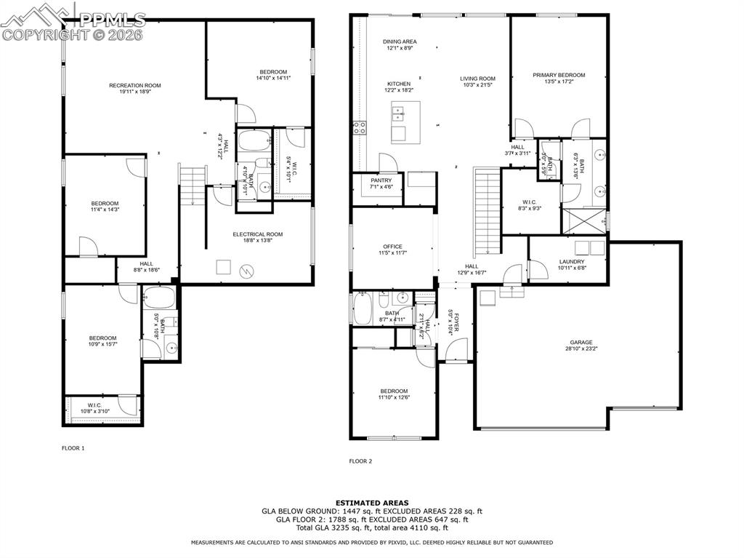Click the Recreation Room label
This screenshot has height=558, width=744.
pos(134,86)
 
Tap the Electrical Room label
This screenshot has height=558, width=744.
pos(257,234)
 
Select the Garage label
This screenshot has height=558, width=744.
pos(581,342)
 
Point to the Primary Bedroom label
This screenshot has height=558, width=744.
pos(558,75)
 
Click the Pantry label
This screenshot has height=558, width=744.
pos(381,180)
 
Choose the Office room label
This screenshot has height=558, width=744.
pos(392,247)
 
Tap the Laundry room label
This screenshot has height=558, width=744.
pos(572,262)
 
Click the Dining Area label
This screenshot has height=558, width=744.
pos(400,42)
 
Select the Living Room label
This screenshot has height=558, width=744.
pos(477,79)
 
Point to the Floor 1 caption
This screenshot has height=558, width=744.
pos(73,448)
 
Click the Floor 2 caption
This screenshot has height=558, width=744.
pos(360,461)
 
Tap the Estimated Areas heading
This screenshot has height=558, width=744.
pos(371,503)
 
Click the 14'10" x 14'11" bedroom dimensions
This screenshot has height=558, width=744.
pos(273,78)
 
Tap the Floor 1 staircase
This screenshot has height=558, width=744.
pos(193,186)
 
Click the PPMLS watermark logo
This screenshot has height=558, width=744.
pos(73,21)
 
